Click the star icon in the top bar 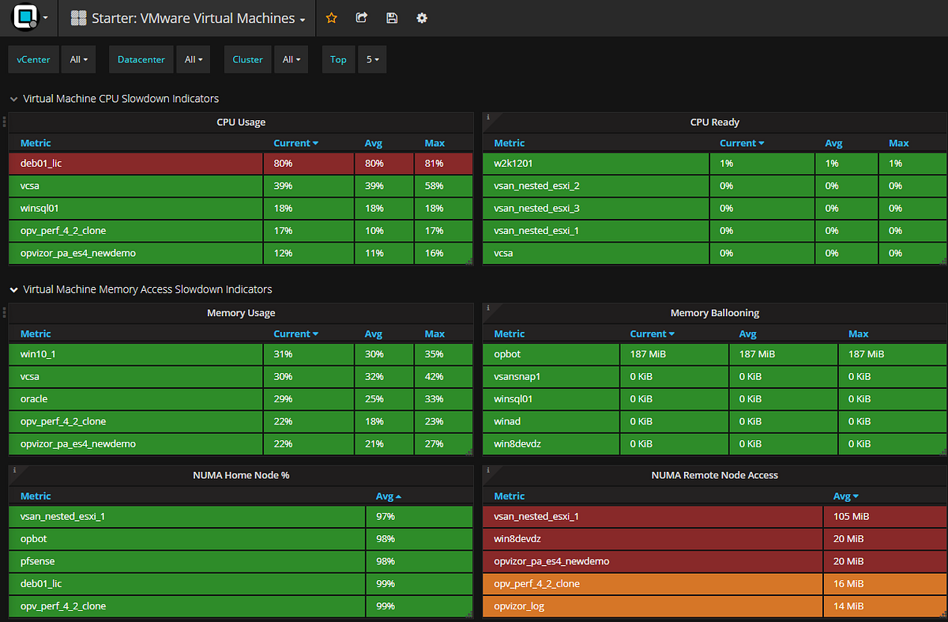click(x=332, y=17)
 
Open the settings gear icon click(x=422, y=17)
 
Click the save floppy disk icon click(x=392, y=17)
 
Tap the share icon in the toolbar click(x=362, y=17)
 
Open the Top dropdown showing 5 click(x=371, y=59)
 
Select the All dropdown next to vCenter click(x=77, y=59)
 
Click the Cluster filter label click(x=247, y=59)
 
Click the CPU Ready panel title click(x=714, y=123)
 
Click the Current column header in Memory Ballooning click(x=653, y=334)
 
